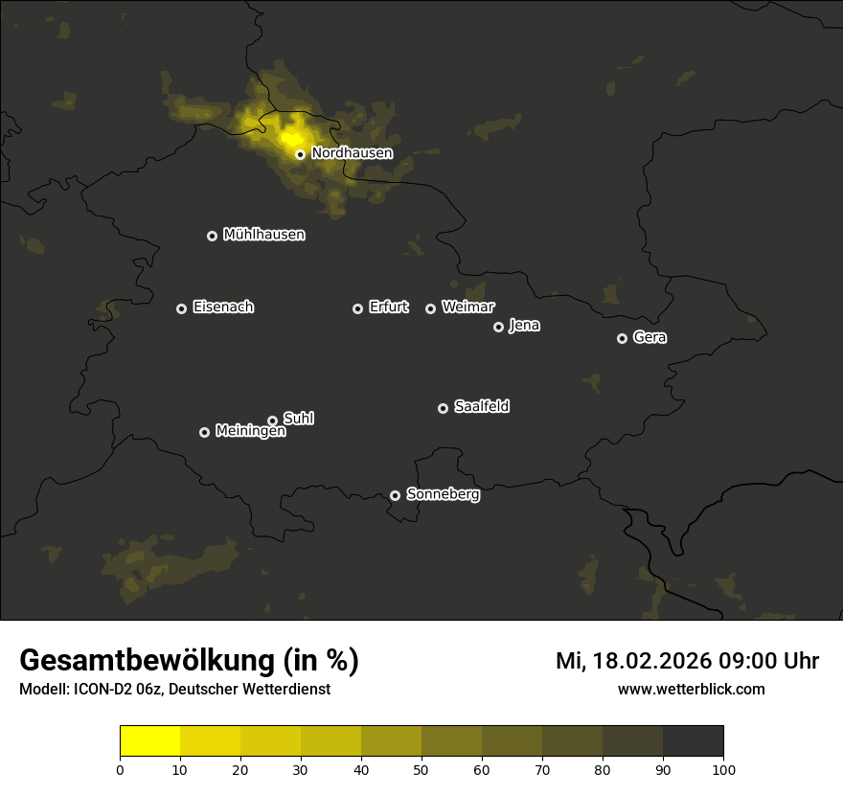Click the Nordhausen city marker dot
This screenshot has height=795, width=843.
[x=300, y=154]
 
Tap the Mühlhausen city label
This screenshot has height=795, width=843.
[x=263, y=235]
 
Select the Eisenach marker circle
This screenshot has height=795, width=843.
[x=181, y=308]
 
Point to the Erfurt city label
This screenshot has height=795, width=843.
[x=388, y=307]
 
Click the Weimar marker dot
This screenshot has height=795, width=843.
[x=430, y=308]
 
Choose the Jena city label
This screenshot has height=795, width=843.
[x=524, y=326]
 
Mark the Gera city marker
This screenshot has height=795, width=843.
[x=622, y=338]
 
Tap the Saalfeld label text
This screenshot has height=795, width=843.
[x=481, y=407]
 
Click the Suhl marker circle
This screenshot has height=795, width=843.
[x=272, y=420]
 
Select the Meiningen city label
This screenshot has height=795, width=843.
[x=250, y=432]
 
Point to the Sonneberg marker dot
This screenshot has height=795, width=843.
[x=395, y=495]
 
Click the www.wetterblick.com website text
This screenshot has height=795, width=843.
[x=691, y=690]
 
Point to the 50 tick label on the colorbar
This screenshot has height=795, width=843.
[x=421, y=769]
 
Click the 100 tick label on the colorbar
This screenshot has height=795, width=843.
[x=723, y=769]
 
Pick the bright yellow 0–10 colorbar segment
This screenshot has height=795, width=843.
[x=150, y=741]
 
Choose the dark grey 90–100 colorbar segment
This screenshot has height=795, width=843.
[x=693, y=741]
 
